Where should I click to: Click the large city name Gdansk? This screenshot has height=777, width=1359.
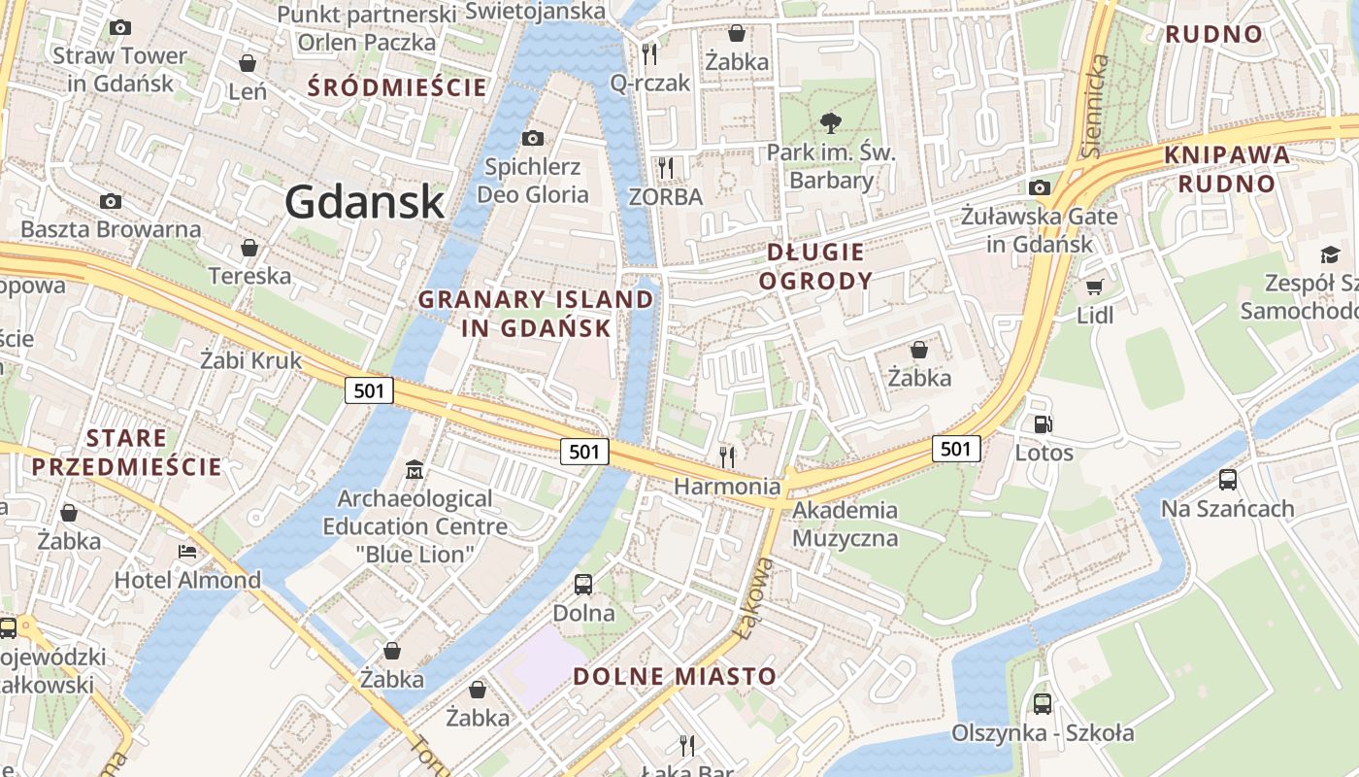(x=365, y=202)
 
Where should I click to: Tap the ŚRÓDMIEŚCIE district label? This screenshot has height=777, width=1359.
(x=397, y=87)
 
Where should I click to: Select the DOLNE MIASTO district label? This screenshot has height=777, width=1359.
(x=675, y=676)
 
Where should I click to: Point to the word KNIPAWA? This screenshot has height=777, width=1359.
(x=1227, y=154)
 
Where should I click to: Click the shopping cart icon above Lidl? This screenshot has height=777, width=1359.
(x=1095, y=287)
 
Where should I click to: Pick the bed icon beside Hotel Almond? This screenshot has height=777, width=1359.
(x=187, y=552)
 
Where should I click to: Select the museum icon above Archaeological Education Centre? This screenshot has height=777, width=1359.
(x=414, y=470)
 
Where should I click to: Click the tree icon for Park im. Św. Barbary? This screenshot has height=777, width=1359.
(x=830, y=123)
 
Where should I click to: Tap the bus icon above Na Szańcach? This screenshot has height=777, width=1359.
(x=1228, y=480)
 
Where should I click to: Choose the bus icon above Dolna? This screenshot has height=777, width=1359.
(x=583, y=585)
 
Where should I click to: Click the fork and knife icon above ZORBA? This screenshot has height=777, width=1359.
(x=665, y=168)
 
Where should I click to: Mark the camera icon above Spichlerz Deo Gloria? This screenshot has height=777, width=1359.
(x=532, y=139)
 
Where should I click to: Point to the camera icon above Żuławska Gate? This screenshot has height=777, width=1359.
(x=1040, y=187)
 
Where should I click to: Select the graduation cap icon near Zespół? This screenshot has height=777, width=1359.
(x=1329, y=255)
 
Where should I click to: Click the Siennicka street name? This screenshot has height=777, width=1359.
(x=1095, y=106)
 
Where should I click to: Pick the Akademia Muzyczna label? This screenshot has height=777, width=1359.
(x=845, y=524)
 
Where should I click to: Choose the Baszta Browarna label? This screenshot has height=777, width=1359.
(x=111, y=230)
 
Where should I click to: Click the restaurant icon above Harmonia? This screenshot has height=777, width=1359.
(x=727, y=456)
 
